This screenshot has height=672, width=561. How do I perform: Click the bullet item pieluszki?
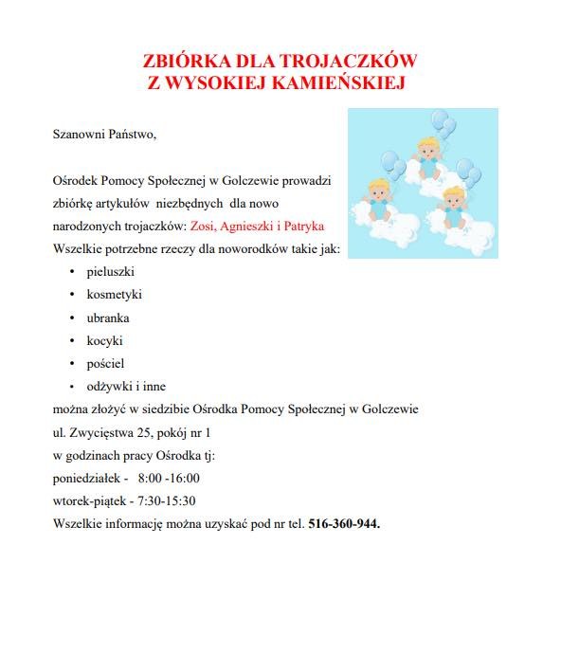(x=110, y=272)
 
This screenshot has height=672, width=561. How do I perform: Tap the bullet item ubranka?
(x=108, y=318)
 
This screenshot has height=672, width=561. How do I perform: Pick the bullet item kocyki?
(x=104, y=340)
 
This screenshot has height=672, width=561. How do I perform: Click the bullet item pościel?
(x=105, y=363)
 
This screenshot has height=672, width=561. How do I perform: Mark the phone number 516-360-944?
(x=344, y=523)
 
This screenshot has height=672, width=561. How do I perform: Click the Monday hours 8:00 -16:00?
(x=169, y=478)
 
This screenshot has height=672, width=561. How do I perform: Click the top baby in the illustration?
(x=429, y=157)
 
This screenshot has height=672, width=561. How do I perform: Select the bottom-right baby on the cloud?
(x=455, y=206)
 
